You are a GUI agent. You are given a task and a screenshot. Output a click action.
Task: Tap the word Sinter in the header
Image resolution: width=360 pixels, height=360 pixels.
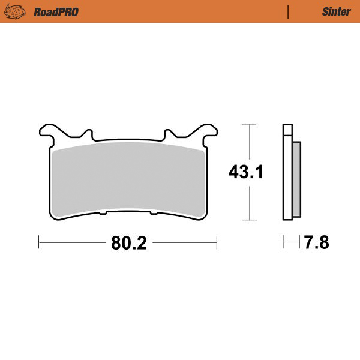332,11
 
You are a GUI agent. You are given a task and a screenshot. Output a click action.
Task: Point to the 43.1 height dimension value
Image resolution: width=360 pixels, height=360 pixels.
246,172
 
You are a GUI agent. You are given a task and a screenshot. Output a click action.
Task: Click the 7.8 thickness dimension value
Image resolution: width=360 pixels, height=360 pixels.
317,243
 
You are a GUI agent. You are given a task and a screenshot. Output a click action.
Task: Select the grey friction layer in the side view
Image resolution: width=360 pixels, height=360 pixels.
296,180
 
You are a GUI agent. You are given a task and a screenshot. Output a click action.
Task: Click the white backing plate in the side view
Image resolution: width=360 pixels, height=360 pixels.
287,180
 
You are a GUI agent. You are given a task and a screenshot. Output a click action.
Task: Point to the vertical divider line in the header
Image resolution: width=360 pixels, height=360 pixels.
289,11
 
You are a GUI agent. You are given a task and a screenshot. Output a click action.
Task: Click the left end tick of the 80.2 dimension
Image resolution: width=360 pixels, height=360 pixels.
39,243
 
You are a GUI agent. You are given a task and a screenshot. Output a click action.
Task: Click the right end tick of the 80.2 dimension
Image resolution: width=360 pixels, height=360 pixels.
216,243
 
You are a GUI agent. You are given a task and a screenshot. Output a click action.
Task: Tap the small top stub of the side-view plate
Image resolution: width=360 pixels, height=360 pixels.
287,128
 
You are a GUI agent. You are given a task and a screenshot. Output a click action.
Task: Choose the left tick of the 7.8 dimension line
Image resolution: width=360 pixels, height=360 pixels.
284,243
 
